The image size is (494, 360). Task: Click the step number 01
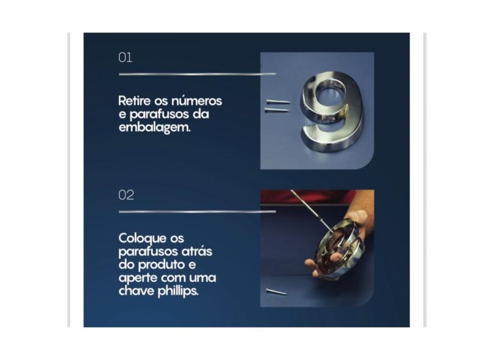tap(125, 58)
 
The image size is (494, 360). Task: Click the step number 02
tap(126, 195)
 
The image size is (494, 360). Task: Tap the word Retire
tap(135, 101)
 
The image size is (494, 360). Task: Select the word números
tap(196, 101)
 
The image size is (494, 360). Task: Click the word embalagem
tap(155, 128)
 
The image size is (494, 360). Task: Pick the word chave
tap(137, 291)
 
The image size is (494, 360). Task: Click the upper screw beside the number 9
tap(278, 102)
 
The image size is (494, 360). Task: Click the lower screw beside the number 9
tap(276, 110)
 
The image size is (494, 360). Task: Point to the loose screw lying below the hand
tap(276, 292)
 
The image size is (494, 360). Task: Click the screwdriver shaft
tap(310, 210)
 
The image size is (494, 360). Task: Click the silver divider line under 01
tap(197, 74)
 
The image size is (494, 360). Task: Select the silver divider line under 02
tap(197, 212)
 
